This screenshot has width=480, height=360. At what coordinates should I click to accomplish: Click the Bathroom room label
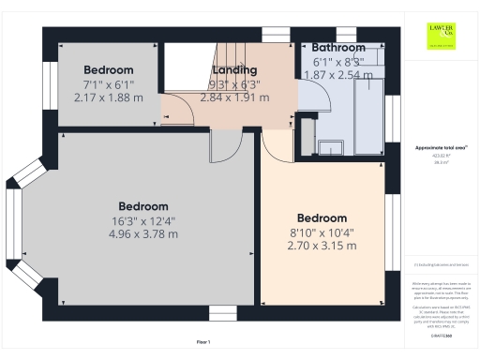[x=338, y=47]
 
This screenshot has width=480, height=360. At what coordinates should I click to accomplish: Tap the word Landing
[x=234, y=70]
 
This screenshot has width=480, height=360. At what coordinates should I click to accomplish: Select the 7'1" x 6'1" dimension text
[x=109, y=84]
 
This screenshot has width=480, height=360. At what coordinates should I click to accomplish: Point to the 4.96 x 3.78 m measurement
[x=143, y=234]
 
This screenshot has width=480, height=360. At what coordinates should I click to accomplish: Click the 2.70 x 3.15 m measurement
[x=322, y=246]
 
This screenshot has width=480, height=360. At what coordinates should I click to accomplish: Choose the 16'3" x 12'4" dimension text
[x=143, y=220]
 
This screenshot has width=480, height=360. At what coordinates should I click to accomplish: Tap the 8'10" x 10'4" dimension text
[x=322, y=232]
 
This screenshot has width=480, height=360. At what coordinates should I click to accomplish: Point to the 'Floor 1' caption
[x=203, y=342]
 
